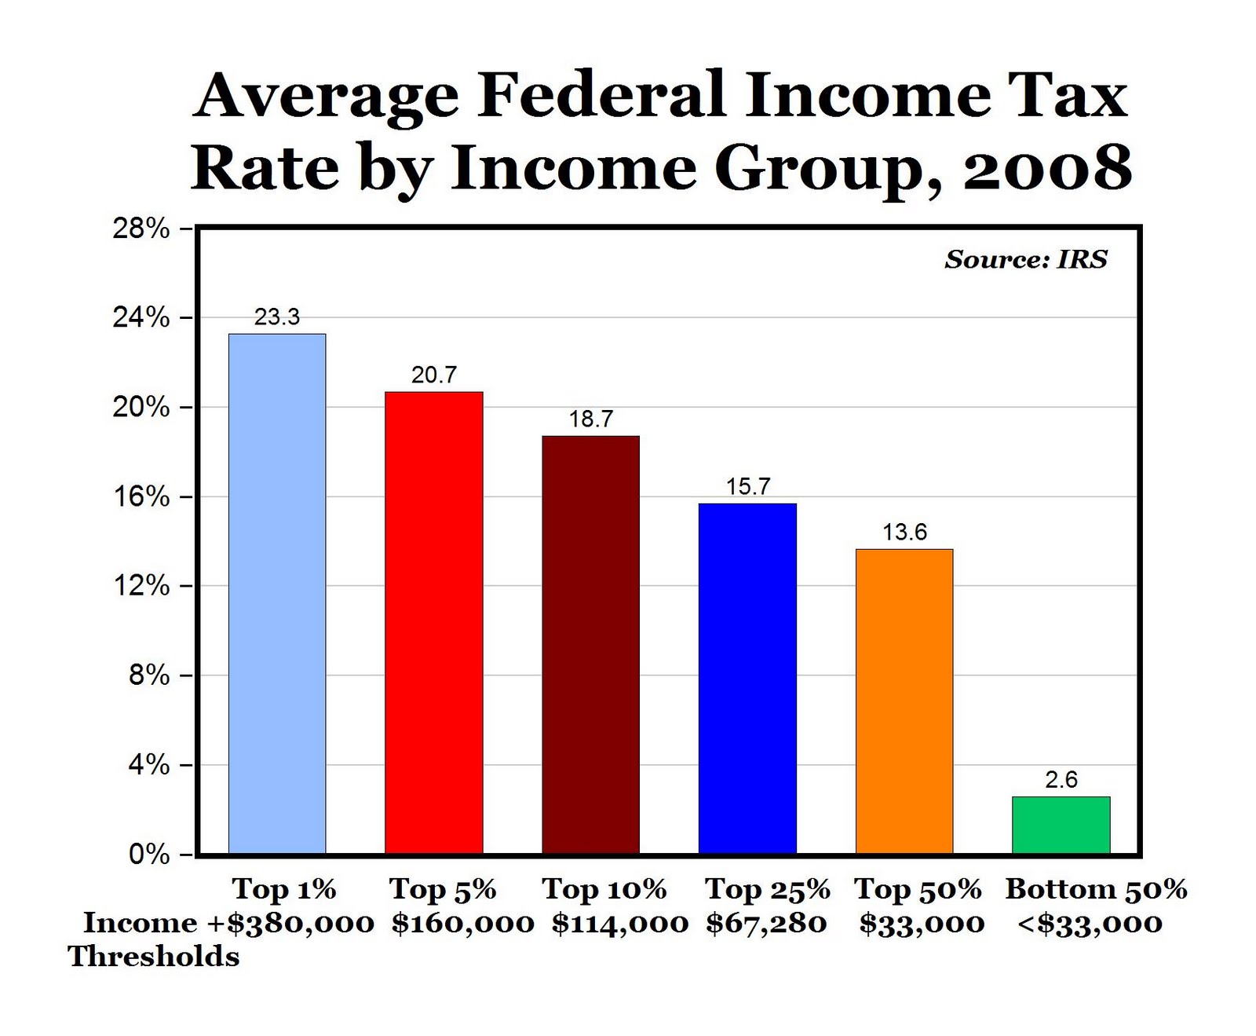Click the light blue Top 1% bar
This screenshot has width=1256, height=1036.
click(x=277, y=593)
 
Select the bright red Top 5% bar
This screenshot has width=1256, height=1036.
click(x=433, y=622)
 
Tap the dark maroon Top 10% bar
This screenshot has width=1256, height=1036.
click(x=590, y=644)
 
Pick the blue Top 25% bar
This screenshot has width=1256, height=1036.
click(x=747, y=678)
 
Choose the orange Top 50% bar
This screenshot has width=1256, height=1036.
click(x=904, y=701)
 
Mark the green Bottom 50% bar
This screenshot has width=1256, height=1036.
click(x=1061, y=825)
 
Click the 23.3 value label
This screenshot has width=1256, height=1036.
click(x=277, y=317)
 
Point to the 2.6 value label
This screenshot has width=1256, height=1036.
click(x=1061, y=779)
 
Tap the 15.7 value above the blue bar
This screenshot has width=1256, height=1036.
click(x=748, y=486)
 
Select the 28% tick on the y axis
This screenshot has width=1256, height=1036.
click(x=141, y=229)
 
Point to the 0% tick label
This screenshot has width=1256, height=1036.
click(x=149, y=854)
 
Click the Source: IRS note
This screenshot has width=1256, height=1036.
click(x=1026, y=259)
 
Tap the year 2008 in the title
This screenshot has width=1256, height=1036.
click(x=1047, y=167)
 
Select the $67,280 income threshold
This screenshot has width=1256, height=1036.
click(x=766, y=923)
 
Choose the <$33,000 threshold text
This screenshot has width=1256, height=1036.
click(x=1090, y=923)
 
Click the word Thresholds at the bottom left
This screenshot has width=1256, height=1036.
click(x=154, y=957)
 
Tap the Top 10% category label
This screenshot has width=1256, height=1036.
click(x=604, y=889)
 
